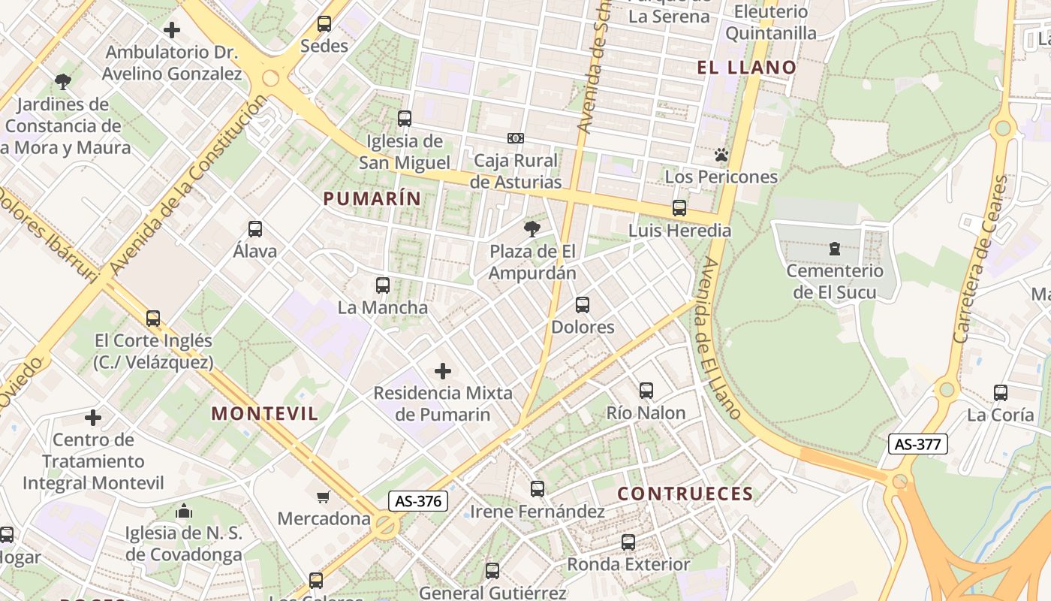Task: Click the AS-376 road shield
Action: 418,501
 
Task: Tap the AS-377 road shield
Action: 917,444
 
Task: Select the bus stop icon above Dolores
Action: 583,305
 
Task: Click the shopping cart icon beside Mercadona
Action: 324,497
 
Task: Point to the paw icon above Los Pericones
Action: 721,156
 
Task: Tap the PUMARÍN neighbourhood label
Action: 372,198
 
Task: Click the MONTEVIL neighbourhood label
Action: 264,413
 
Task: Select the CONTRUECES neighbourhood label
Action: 685,494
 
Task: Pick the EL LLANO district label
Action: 746,68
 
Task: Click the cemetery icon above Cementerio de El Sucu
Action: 834,249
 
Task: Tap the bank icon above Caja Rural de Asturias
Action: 516,138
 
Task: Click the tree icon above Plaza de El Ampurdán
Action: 532,229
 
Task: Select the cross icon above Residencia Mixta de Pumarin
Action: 443,370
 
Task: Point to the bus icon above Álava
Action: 255,229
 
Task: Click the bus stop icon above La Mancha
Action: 383,285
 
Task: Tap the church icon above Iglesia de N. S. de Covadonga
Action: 184,512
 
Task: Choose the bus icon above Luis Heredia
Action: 679,208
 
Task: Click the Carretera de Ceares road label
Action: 980,259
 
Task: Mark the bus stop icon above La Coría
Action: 1001,392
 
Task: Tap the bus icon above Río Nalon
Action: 646,391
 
